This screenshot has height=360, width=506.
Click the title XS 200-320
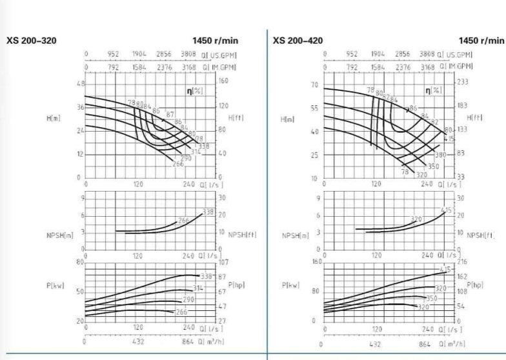point(31,41)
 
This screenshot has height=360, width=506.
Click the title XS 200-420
point(298,41)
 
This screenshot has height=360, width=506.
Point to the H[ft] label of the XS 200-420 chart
point(474,118)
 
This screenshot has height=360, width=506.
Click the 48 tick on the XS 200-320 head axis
point(79,83)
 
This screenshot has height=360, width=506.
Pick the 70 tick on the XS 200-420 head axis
point(314,85)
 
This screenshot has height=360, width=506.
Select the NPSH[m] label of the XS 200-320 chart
point(62,235)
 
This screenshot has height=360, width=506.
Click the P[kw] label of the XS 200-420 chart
point(292,285)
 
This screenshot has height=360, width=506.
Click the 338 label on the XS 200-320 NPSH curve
point(208,212)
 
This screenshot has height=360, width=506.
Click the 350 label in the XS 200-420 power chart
point(432,298)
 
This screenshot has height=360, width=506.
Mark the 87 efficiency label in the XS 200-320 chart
point(170,115)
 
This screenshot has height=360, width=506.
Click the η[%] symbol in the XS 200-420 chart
point(430,92)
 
